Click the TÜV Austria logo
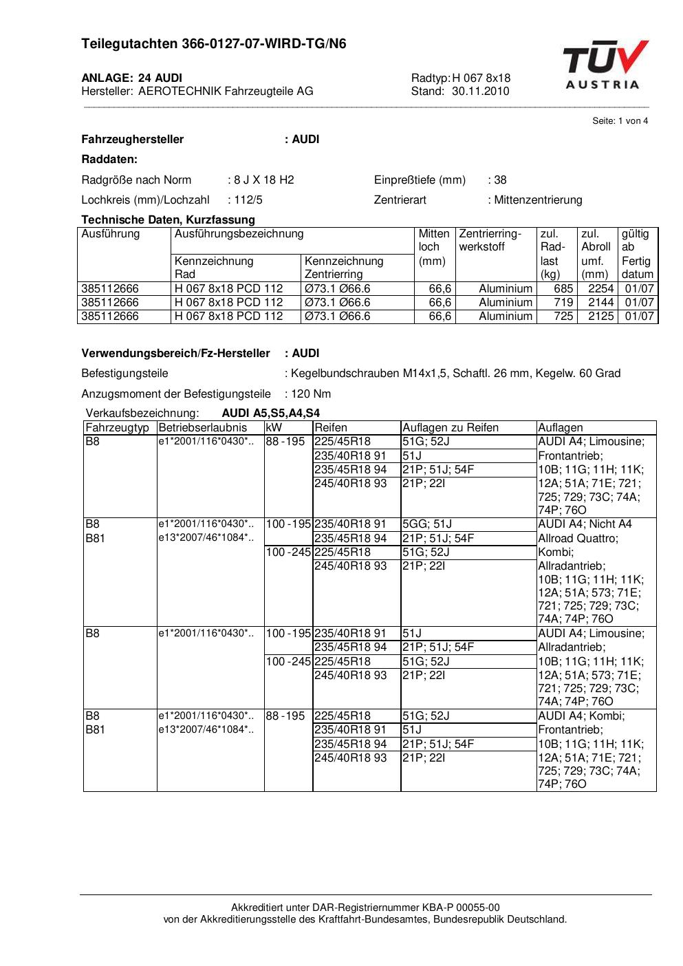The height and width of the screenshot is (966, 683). [605, 65]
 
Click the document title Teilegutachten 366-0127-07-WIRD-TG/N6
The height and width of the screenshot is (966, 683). [214, 44]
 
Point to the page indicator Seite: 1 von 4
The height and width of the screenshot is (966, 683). [620, 121]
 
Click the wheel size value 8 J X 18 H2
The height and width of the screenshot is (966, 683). [263, 180]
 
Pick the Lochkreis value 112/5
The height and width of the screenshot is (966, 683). [248, 200]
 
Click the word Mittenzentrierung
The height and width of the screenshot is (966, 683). [538, 200]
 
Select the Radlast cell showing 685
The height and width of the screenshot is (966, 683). [563, 289]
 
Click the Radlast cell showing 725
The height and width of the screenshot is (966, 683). [563, 316]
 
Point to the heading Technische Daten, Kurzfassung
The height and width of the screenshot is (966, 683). [168, 220]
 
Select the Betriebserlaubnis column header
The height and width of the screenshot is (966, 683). [202, 428]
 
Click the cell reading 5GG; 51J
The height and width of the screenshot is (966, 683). [427, 524]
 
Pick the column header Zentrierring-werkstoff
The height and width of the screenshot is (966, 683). [490, 240]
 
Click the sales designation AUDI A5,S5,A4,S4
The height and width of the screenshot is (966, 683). [271, 414]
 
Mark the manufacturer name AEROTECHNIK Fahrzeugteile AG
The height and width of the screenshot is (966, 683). [226, 92]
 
